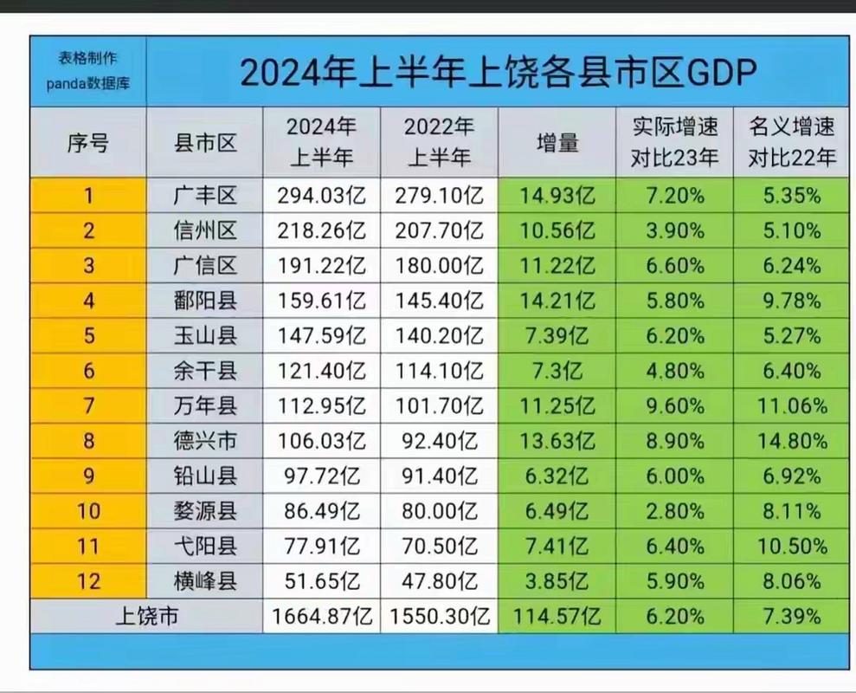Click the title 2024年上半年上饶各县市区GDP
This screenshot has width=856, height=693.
(x=497, y=73)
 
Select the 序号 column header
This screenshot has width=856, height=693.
(x=87, y=143)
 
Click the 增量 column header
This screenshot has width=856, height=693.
(x=557, y=143)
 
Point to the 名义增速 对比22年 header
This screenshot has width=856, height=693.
(x=791, y=143)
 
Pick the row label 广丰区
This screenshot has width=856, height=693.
(x=205, y=196)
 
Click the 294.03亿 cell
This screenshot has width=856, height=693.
(x=321, y=196)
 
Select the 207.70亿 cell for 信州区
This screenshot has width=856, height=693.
(x=439, y=231)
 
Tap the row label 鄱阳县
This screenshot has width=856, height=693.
(x=205, y=301)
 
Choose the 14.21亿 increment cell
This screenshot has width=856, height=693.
(x=557, y=301)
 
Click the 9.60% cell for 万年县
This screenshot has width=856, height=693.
(x=675, y=406)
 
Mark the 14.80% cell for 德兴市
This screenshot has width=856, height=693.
(x=791, y=441)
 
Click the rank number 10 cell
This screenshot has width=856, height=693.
(x=87, y=511)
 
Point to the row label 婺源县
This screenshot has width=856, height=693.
(x=205, y=511)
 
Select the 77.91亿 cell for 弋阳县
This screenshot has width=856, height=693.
(x=321, y=547)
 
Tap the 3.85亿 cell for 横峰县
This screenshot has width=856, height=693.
(x=557, y=581)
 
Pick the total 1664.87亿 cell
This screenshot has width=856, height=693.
(x=321, y=617)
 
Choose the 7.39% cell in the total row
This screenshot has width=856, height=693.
(x=791, y=617)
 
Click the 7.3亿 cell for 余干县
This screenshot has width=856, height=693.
(x=557, y=371)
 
